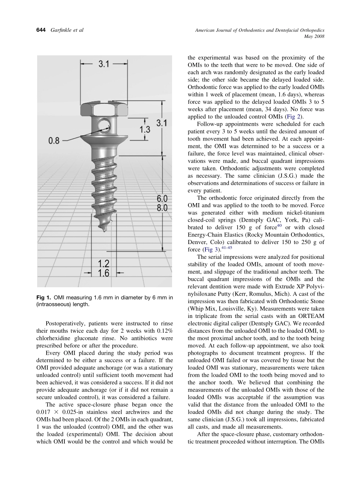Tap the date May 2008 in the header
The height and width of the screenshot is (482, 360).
[x=315, y=37]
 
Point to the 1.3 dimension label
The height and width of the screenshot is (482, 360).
[x=145, y=130]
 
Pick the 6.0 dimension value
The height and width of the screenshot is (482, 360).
[x=162, y=199]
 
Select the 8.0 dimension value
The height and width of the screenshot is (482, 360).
[x=162, y=208]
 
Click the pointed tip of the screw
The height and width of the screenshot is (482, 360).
[x=104, y=230]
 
